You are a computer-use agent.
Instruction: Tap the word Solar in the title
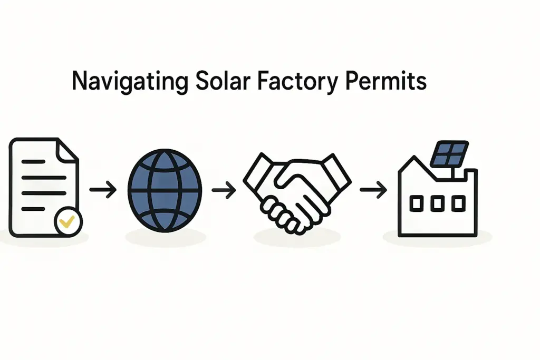(x=223, y=81)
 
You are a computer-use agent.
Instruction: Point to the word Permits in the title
(x=385, y=81)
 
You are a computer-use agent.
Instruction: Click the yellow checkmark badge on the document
(x=68, y=222)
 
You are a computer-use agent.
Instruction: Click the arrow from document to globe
(x=103, y=190)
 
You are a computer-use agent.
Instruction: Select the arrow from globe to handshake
(x=224, y=190)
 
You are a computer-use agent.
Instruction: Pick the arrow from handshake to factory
(x=373, y=190)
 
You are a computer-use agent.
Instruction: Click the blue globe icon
(x=165, y=190)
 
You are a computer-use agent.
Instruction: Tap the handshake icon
(x=297, y=194)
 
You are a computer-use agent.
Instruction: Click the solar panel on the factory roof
(x=449, y=153)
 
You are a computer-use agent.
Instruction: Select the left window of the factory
(x=416, y=203)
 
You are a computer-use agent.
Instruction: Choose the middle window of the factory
(x=437, y=203)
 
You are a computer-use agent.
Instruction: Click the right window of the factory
(x=458, y=203)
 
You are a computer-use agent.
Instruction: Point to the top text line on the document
(x=33, y=162)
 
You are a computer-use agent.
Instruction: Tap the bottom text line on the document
(x=33, y=209)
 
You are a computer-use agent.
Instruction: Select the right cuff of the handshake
(x=337, y=171)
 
